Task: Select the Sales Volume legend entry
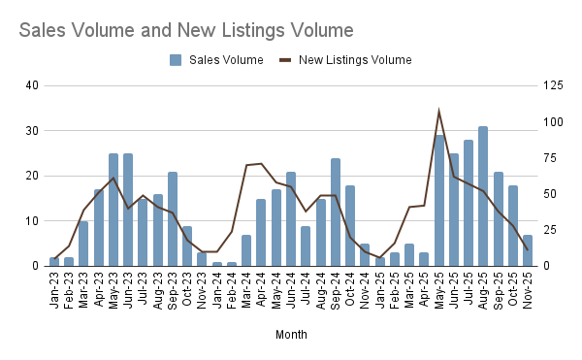tap(216, 60)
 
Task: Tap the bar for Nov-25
tap(527, 250)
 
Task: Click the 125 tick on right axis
tap(551, 85)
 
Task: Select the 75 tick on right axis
tap(548, 158)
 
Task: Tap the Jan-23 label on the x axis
tap(54, 288)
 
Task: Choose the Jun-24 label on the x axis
tap(291, 288)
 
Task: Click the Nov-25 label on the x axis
tap(527, 288)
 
